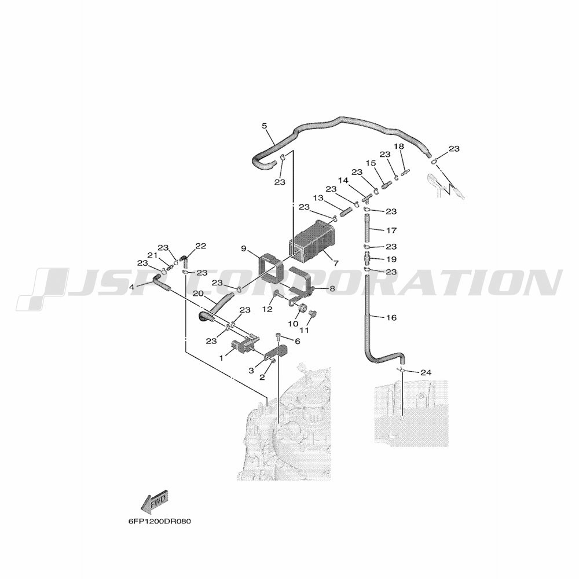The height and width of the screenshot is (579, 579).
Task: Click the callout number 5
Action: coord(265,126)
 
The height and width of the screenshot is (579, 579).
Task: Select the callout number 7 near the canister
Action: coord(336,263)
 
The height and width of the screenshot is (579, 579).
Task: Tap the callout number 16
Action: coord(391,317)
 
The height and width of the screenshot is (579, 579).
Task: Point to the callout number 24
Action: coord(426,372)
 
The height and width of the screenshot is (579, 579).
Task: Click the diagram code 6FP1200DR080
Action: coord(160,522)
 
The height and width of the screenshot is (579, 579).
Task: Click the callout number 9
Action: coord(244,248)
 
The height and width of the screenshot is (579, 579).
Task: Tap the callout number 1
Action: coord(221,358)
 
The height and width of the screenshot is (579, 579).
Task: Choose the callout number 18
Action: coord(399,146)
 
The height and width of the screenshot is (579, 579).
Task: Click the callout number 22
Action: coord(201,246)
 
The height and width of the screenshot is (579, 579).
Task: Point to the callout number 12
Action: coord(267,309)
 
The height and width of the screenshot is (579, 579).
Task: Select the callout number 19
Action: coord(391,259)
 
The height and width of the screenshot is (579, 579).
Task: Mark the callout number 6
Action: coord(297,342)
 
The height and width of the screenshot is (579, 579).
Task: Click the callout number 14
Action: coord(343,180)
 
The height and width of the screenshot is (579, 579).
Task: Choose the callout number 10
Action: coord(293,324)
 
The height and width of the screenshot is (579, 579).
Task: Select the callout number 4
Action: coord(131,287)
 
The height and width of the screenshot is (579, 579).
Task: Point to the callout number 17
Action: coord(391,230)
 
